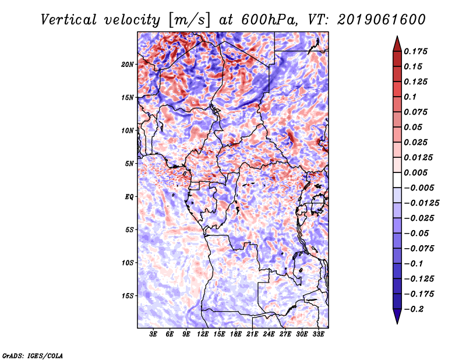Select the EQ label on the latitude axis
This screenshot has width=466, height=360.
click(x=129, y=196)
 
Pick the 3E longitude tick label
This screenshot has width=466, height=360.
click(x=154, y=335)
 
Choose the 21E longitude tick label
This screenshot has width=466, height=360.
click(x=252, y=335)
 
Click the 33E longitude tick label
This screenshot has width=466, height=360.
click(x=318, y=335)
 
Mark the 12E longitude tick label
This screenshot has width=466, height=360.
click(x=203, y=335)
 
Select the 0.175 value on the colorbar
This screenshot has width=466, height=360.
click(x=417, y=51)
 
